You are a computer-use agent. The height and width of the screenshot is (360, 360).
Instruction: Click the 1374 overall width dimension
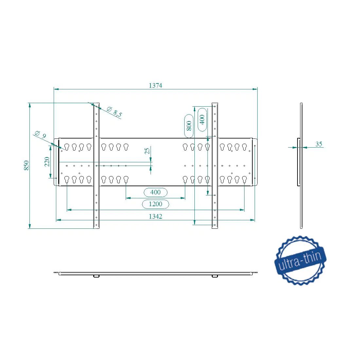[x=155, y=85]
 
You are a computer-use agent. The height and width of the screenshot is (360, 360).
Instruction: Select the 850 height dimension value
[x=27, y=165]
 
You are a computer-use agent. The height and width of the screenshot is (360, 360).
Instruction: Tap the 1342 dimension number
[x=155, y=216]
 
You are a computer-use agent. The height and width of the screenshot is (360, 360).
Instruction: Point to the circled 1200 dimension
[x=155, y=204]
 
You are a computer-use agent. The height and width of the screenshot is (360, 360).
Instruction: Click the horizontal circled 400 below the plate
[x=155, y=192]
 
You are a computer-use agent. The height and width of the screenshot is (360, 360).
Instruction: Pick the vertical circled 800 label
[x=189, y=126]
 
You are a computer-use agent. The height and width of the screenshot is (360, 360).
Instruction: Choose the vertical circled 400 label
[x=202, y=119]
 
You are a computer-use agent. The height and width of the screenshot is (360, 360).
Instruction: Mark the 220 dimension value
[x=47, y=162]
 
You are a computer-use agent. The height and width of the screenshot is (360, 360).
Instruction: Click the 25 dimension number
[x=147, y=151]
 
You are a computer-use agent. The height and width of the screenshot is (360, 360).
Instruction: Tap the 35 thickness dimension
[x=319, y=144]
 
